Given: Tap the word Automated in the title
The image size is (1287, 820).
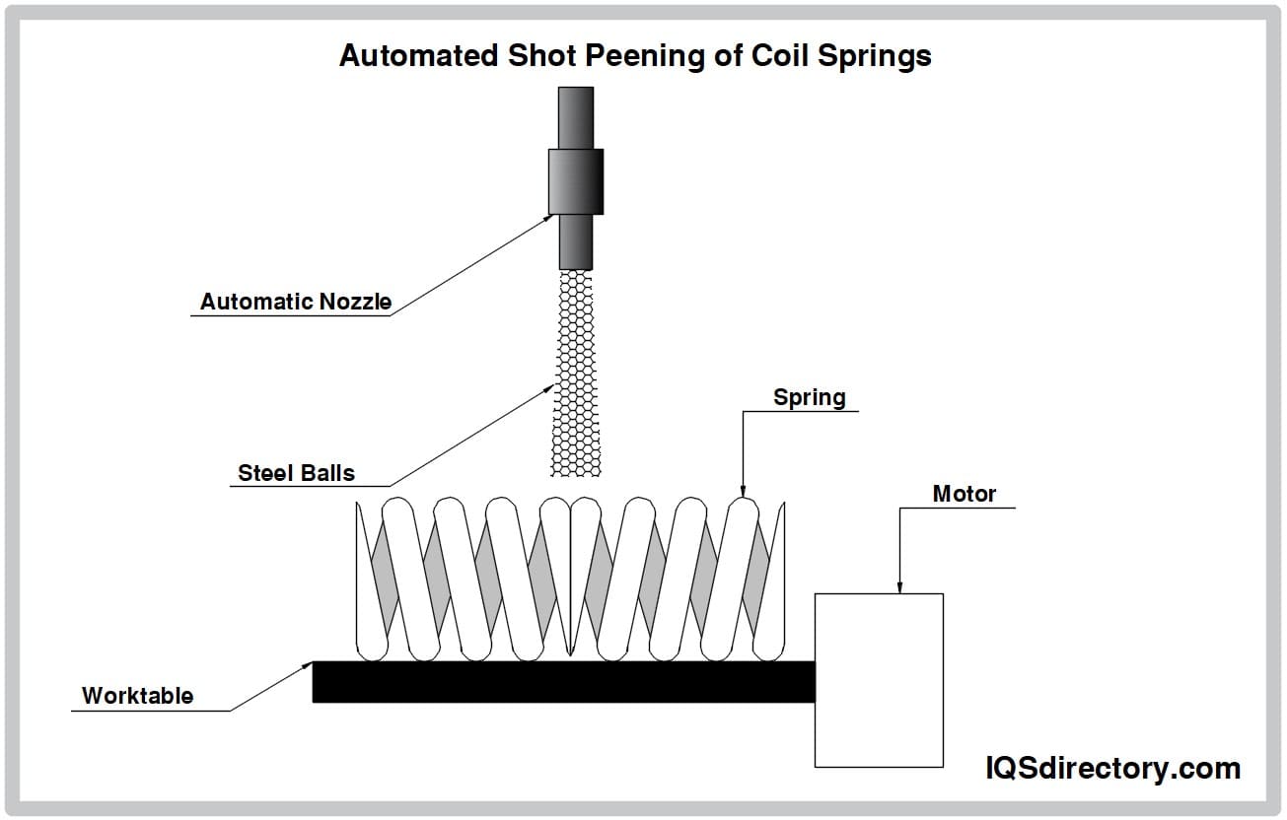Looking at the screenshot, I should click(x=418, y=56).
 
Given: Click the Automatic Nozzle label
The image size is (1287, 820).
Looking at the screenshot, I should click(x=295, y=302).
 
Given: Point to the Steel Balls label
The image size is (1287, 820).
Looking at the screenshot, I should click(x=296, y=473).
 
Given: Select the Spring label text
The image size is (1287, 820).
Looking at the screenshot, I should click(x=809, y=397).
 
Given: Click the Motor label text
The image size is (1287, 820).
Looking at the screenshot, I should click(x=964, y=493).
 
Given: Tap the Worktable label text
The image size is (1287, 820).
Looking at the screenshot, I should click(x=137, y=695).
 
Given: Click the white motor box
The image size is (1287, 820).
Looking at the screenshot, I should click(x=879, y=680).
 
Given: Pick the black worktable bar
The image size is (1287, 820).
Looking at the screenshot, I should click(x=563, y=681).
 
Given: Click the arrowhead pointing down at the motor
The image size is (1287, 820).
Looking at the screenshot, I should click(x=899, y=587).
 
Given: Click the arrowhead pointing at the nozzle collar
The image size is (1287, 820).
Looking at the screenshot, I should click(x=547, y=219).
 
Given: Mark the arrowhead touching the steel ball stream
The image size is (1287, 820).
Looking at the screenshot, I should click(x=549, y=388).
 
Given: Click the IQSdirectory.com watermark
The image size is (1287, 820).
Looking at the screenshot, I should click(x=1113, y=768).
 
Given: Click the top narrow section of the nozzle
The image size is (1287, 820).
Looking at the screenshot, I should click(x=576, y=116).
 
